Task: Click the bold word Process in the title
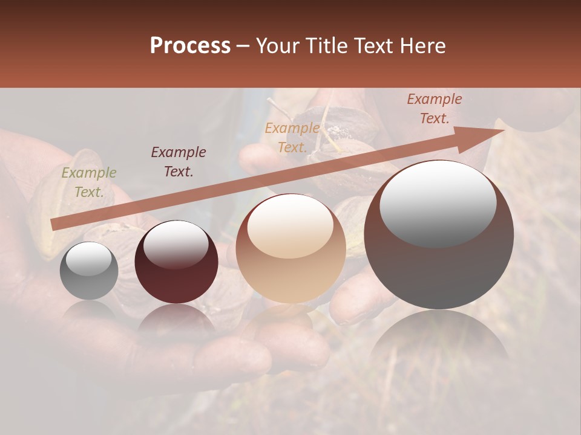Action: pyautogui.click(x=190, y=46)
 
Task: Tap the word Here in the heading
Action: pyautogui.click(x=424, y=46)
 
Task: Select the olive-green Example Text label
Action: pyautogui.click(x=89, y=182)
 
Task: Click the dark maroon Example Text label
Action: pyautogui.click(x=179, y=162)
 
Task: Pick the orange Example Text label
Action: pyautogui.click(x=292, y=138)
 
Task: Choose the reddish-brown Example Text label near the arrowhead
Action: pyautogui.click(x=435, y=109)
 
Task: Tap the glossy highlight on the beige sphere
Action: pyautogui.click(x=290, y=227)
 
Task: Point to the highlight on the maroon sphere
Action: pyautogui.click(x=176, y=245)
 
